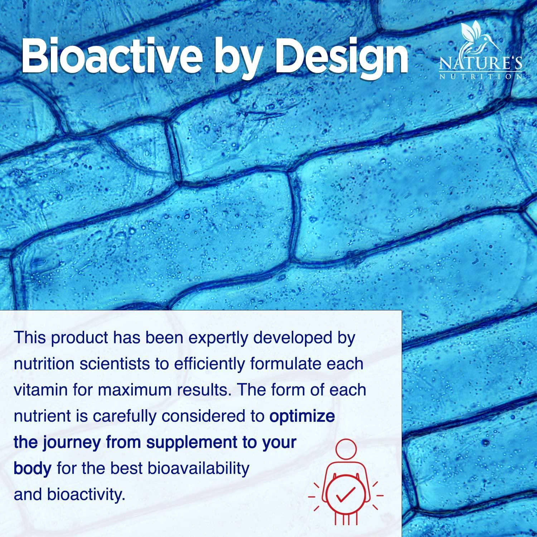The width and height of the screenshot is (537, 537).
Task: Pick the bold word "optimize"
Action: pos(302,416)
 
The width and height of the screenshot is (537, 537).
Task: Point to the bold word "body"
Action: pos(32,469)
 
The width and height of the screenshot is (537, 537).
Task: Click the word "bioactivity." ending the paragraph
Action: pos(86,495)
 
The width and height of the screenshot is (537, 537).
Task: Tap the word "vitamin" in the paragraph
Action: pos(40,390)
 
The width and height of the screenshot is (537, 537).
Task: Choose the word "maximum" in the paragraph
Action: pos(133,390)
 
